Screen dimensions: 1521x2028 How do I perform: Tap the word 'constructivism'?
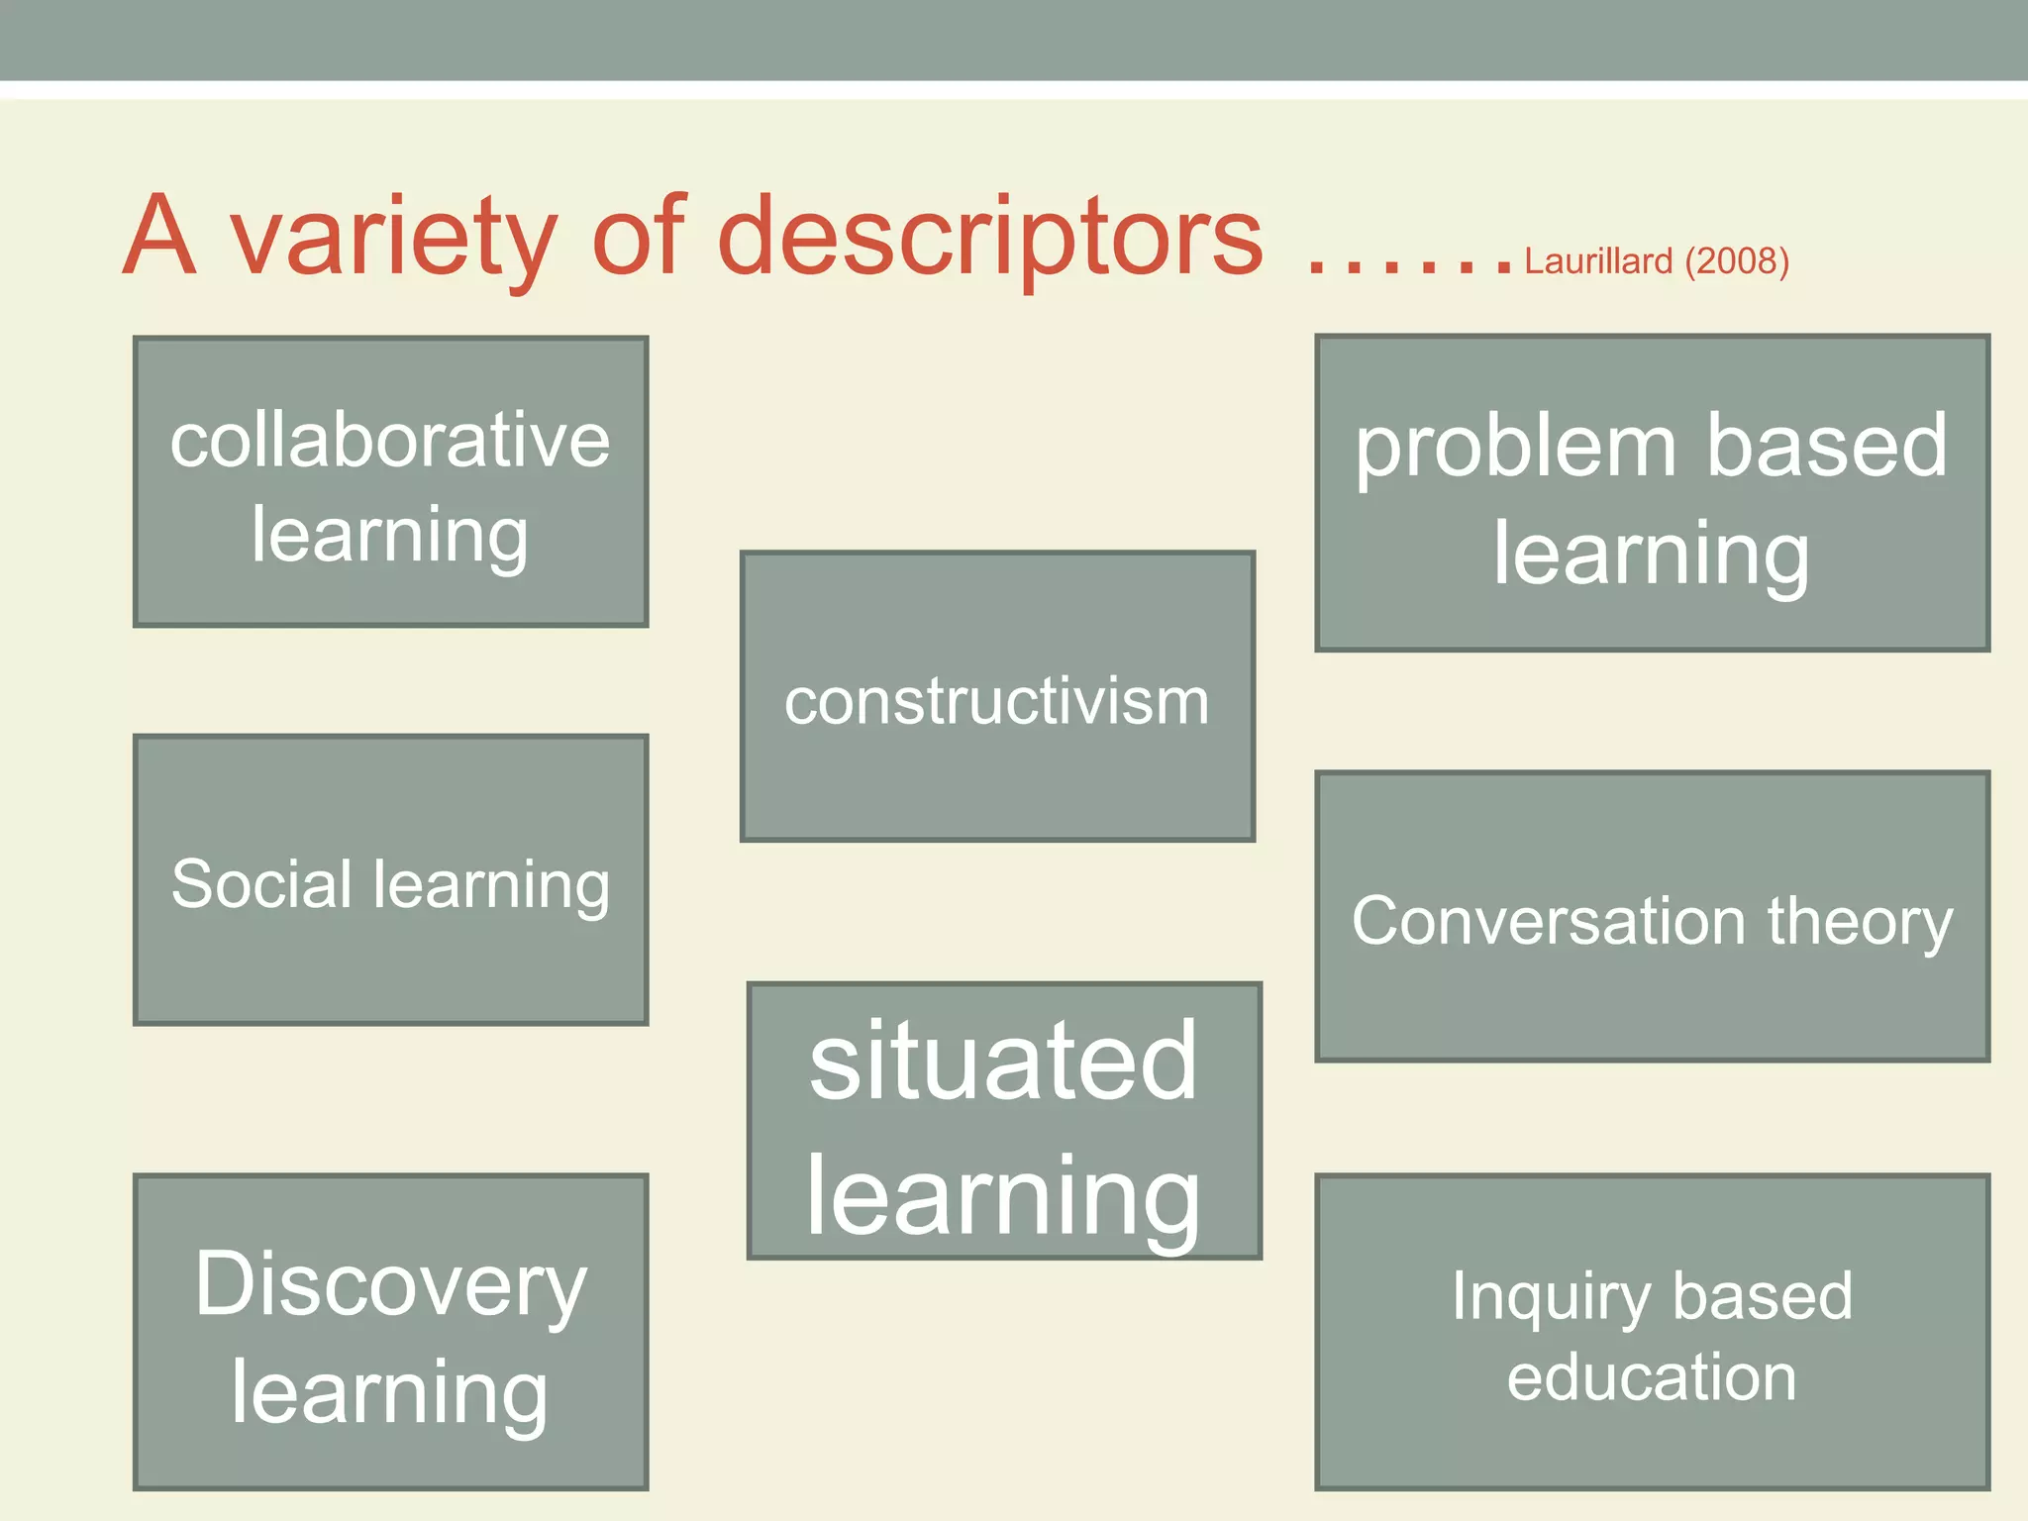coord(997,702)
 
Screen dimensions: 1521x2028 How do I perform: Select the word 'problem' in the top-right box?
coord(1515,448)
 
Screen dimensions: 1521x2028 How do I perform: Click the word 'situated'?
coord(1003,1061)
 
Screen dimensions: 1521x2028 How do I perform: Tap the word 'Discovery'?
coord(390,1285)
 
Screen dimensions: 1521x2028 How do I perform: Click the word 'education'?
coord(1652,1377)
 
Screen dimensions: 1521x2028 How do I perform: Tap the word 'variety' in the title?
coord(394,238)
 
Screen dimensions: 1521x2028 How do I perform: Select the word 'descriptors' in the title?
coord(990,238)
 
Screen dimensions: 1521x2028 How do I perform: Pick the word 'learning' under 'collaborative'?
coord(390,536)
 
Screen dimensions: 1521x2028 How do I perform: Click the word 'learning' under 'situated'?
coord(1003,1196)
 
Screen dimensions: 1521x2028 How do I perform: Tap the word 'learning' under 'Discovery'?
coord(390,1392)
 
